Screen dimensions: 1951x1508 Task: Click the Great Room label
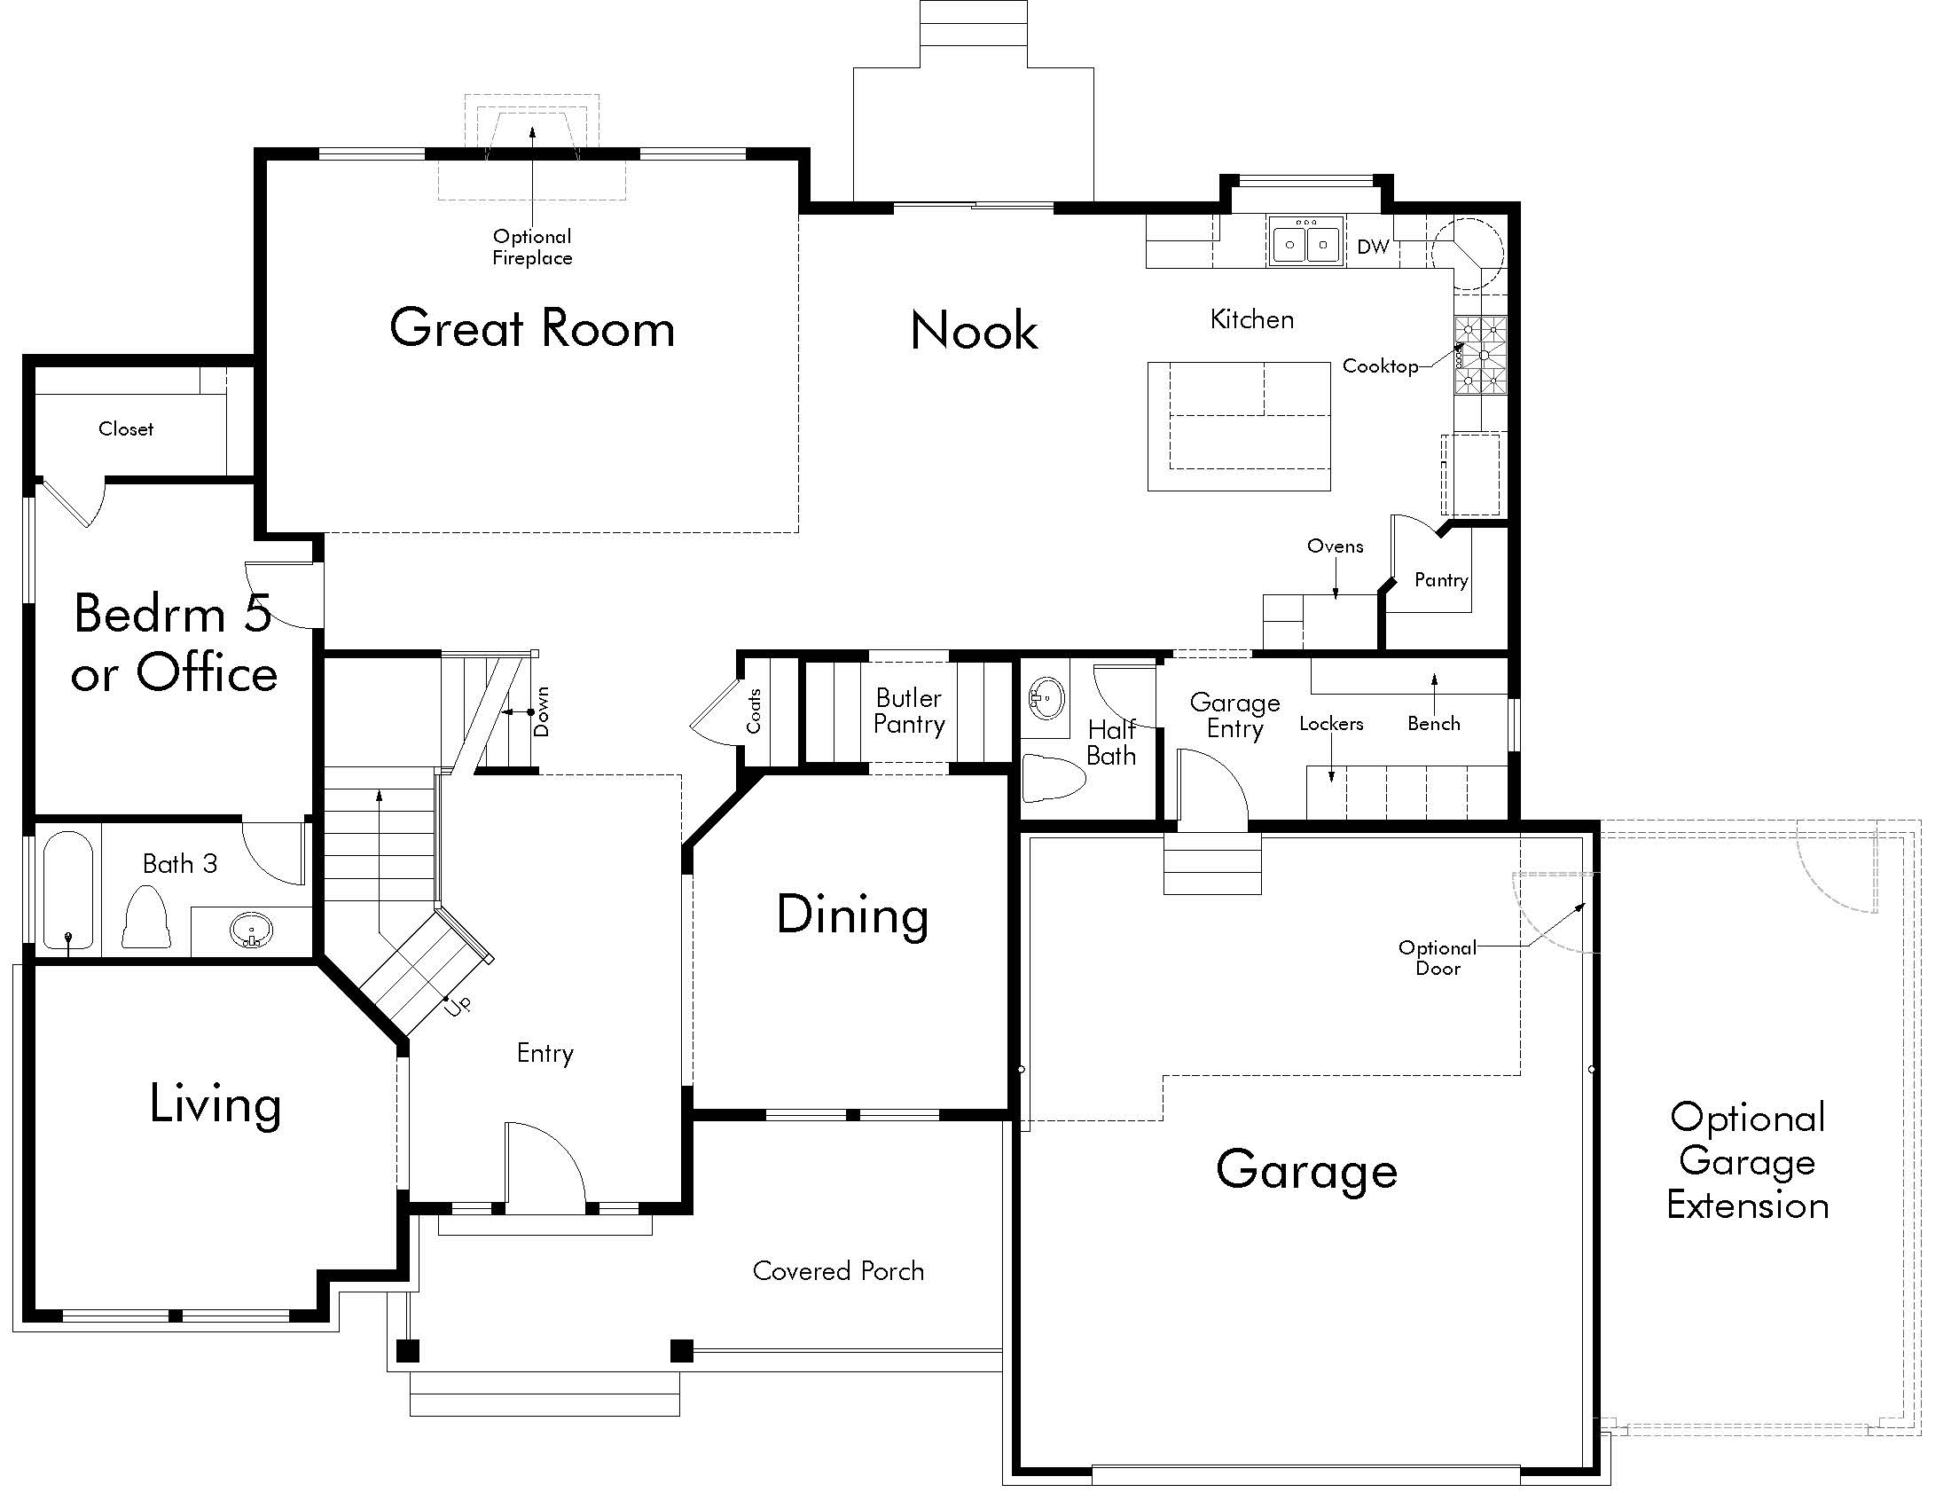click(532, 328)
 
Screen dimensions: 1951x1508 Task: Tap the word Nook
click(975, 331)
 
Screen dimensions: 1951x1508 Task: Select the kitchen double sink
click(1306, 242)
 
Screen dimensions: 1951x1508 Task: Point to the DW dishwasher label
click(1373, 247)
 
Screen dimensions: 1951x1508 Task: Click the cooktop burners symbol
click(1481, 356)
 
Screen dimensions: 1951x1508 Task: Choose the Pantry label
click(1441, 581)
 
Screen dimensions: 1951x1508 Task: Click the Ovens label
click(1335, 546)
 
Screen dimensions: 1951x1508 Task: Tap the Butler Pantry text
click(909, 711)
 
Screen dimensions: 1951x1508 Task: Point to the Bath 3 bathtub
click(68, 890)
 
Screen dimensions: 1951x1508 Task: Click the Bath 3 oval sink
click(251, 931)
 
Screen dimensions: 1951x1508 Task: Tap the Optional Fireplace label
click(532, 247)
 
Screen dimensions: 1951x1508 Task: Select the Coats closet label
click(754, 711)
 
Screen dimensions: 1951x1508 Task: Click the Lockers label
click(1331, 724)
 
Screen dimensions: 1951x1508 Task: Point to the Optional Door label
click(1438, 958)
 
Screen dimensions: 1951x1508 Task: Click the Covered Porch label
click(838, 1270)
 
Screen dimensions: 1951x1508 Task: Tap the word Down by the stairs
click(541, 711)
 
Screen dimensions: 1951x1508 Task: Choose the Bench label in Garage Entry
click(1434, 724)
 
